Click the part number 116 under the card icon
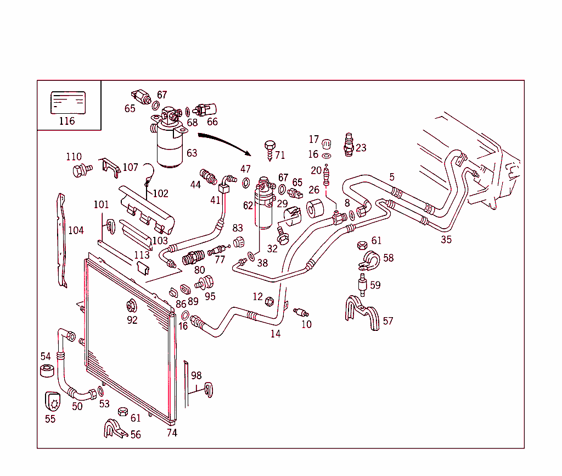coord(66,121)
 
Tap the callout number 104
coord(76,230)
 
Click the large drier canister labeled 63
coord(172,144)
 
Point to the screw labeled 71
coord(269,149)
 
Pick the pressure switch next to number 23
coord(347,145)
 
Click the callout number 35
coord(446,239)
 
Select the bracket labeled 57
coord(363,315)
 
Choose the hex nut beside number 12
coord(269,301)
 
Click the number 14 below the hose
coord(275,334)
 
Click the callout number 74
coord(172,433)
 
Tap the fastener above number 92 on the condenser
coord(131,306)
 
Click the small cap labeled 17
coord(327,143)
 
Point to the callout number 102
coord(160,193)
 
